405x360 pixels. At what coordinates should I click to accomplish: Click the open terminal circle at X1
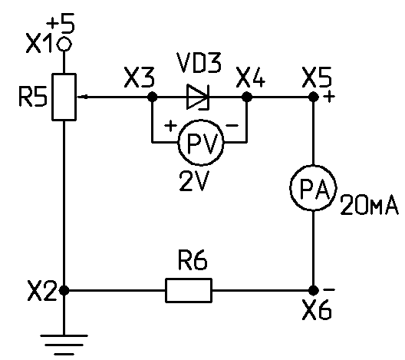(x=64, y=45)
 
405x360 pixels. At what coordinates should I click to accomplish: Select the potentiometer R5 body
(x=64, y=97)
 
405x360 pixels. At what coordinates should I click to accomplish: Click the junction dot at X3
(x=153, y=97)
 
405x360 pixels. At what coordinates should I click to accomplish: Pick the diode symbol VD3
(x=198, y=97)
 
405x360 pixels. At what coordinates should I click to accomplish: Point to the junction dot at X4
(x=247, y=97)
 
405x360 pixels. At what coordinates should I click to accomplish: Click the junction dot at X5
(x=314, y=97)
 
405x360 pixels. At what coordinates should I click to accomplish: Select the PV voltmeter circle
(x=201, y=143)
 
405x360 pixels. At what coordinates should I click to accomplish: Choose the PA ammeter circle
(x=313, y=188)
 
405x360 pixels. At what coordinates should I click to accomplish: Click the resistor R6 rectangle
(x=189, y=290)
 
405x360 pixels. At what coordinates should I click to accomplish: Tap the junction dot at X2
(x=64, y=290)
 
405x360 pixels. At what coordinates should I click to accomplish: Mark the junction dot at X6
(x=314, y=290)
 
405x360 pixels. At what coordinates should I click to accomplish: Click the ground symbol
(x=64, y=345)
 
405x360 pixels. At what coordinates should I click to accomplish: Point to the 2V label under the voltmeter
(x=194, y=181)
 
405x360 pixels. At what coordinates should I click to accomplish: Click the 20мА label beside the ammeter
(x=370, y=205)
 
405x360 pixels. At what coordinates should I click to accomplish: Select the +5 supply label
(x=61, y=24)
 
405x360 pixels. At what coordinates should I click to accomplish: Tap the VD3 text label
(x=199, y=63)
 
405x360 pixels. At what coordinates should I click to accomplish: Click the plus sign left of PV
(x=170, y=126)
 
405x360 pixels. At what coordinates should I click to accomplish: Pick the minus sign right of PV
(x=232, y=126)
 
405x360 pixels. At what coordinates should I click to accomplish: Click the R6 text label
(x=193, y=259)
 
